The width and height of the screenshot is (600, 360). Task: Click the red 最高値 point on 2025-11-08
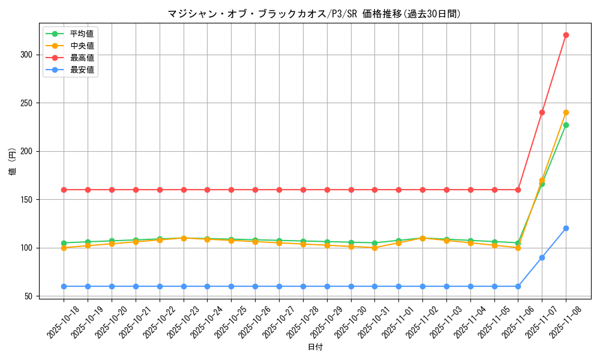coord(566,35)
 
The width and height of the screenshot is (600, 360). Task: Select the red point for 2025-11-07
coord(542,112)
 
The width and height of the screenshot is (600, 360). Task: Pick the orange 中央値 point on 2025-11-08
coord(566,112)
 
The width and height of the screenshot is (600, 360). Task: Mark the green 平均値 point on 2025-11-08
coord(566,125)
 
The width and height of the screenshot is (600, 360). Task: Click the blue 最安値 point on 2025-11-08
coord(566,228)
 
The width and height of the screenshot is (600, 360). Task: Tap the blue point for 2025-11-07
coord(542,257)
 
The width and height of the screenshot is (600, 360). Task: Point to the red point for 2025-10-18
coord(64,190)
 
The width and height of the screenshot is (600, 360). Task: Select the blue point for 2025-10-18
coord(64,286)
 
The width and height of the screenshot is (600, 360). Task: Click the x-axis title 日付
coord(315,347)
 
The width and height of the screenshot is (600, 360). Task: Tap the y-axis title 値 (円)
coord(13,162)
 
